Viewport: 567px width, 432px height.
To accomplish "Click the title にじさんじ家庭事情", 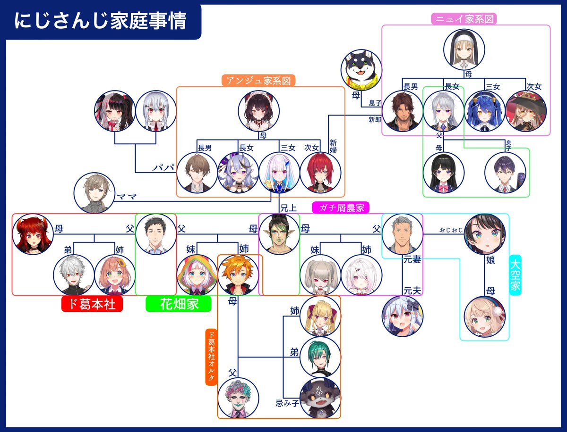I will (x=100, y=22).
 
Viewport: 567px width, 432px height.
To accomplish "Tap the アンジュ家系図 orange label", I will (x=258, y=80).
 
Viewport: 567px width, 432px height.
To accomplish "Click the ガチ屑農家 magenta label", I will (x=341, y=208).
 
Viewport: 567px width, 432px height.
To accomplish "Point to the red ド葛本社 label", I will (x=92, y=304).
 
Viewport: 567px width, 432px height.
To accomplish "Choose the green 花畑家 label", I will (x=179, y=304).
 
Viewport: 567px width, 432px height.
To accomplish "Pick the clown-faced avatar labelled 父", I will (x=238, y=399).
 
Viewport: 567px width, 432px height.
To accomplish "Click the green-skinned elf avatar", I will (x=279, y=234).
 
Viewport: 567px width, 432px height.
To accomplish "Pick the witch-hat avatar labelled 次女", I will (x=526, y=111).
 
